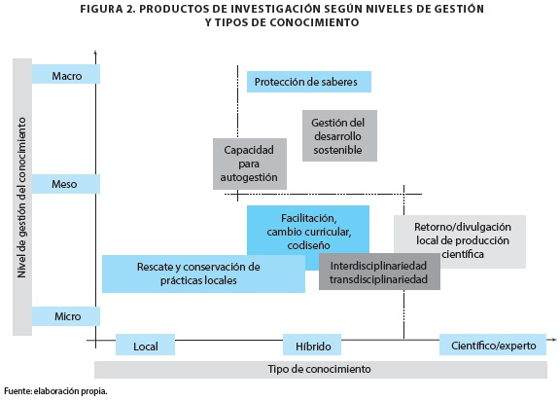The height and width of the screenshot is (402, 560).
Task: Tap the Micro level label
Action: [x=66, y=316]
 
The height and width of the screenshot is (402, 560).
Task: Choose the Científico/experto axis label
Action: [x=493, y=345]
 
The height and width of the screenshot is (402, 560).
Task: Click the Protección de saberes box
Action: [x=309, y=82]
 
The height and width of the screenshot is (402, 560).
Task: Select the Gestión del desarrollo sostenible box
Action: [x=339, y=136]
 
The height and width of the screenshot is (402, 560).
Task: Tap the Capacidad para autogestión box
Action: [x=250, y=164]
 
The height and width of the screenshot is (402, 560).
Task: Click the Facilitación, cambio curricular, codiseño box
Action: [x=308, y=230]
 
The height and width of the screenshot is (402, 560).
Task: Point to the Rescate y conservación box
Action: [x=203, y=274]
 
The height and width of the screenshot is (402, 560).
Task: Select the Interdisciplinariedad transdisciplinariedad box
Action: [x=379, y=272]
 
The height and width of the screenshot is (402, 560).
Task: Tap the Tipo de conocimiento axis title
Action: [x=320, y=369]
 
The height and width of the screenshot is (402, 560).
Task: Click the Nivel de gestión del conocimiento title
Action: [x=21, y=198]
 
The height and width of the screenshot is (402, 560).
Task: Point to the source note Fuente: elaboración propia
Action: [x=55, y=391]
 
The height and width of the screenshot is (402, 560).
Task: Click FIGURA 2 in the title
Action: [x=107, y=9]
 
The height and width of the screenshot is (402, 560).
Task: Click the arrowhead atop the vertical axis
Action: [x=95, y=53]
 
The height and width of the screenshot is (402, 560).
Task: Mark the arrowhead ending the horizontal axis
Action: [x=554, y=339]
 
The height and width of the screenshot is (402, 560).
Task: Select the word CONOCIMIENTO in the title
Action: [x=314, y=22]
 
